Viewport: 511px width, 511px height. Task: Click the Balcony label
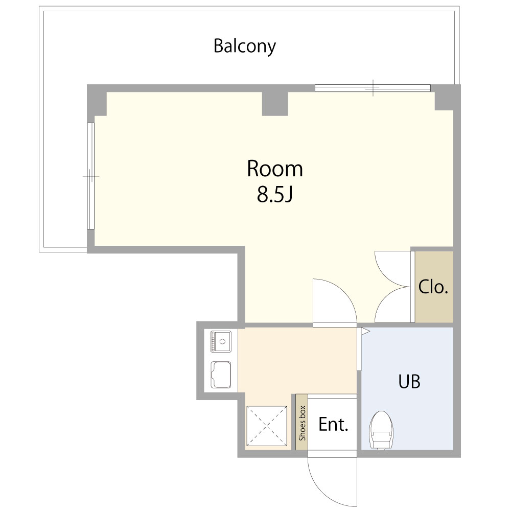click(245, 46)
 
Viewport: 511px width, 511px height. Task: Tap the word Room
click(275, 169)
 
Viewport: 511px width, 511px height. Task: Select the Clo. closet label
click(433, 287)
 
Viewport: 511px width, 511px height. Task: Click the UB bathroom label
click(409, 381)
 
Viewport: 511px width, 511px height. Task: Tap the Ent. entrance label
click(333, 424)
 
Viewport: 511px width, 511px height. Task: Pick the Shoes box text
click(302, 423)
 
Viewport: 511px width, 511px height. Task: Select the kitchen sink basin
click(221, 375)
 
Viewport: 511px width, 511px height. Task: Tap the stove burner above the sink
click(220, 341)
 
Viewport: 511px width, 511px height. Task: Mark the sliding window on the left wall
click(90, 176)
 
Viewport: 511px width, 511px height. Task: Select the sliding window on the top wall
click(373, 88)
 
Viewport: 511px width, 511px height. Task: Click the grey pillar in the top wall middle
click(275, 103)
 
